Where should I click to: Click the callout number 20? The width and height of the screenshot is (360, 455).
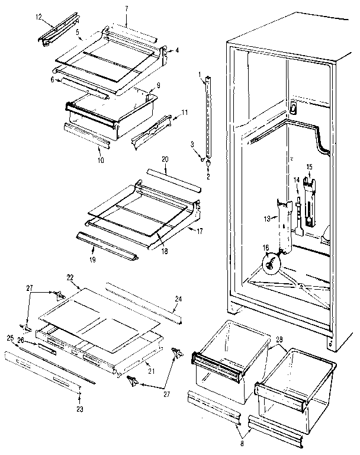pos(165,161)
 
